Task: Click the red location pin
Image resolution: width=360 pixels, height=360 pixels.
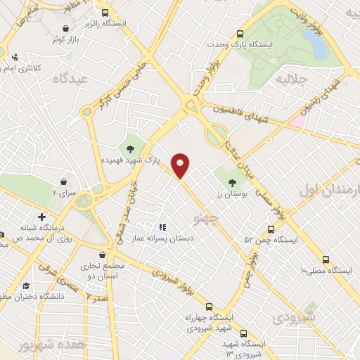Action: pos(181,165)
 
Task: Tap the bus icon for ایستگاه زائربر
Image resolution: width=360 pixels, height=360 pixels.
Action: pos(105,13)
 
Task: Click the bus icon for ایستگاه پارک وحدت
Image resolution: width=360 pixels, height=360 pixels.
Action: pos(240,33)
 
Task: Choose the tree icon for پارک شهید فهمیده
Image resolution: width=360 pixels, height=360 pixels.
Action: pos(129,148)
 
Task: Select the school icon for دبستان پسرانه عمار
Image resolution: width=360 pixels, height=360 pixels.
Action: pos(162,226)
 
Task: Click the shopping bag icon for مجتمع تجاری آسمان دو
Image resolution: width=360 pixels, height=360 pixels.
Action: pos(103,254)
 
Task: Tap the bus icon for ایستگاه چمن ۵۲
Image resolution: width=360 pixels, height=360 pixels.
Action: pos(271,229)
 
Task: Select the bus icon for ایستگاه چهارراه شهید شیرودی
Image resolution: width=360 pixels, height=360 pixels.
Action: pos(209,306)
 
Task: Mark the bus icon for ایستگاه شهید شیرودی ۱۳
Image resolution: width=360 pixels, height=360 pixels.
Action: pos(243,333)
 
